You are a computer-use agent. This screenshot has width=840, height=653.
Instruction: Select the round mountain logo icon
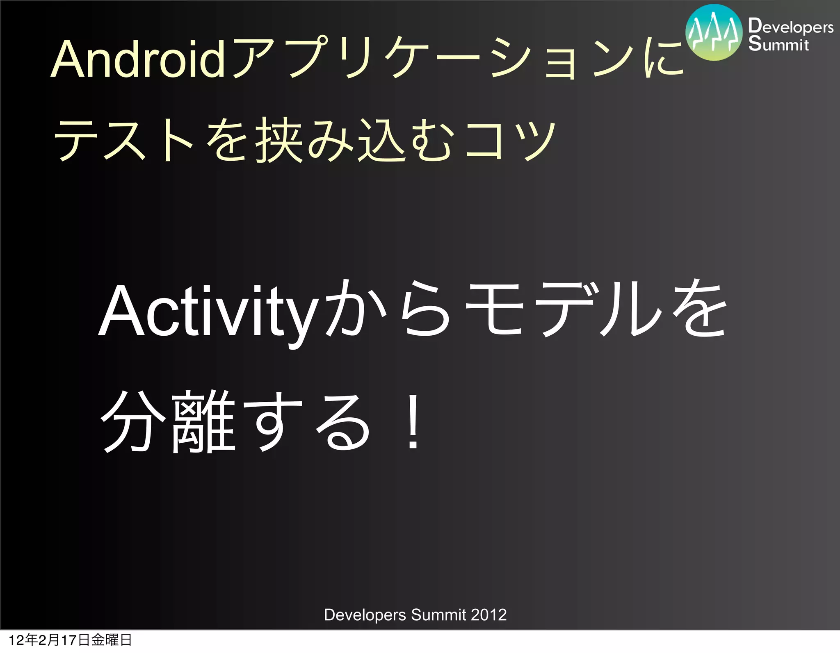tap(714, 33)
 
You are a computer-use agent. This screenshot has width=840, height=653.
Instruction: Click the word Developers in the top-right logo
tap(790, 27)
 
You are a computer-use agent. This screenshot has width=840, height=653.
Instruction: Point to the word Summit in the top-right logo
tap(778, 44)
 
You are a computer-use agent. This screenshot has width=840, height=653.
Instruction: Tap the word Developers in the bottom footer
tap(365, 615)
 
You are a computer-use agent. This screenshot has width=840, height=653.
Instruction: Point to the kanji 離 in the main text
tap(203, 422)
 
